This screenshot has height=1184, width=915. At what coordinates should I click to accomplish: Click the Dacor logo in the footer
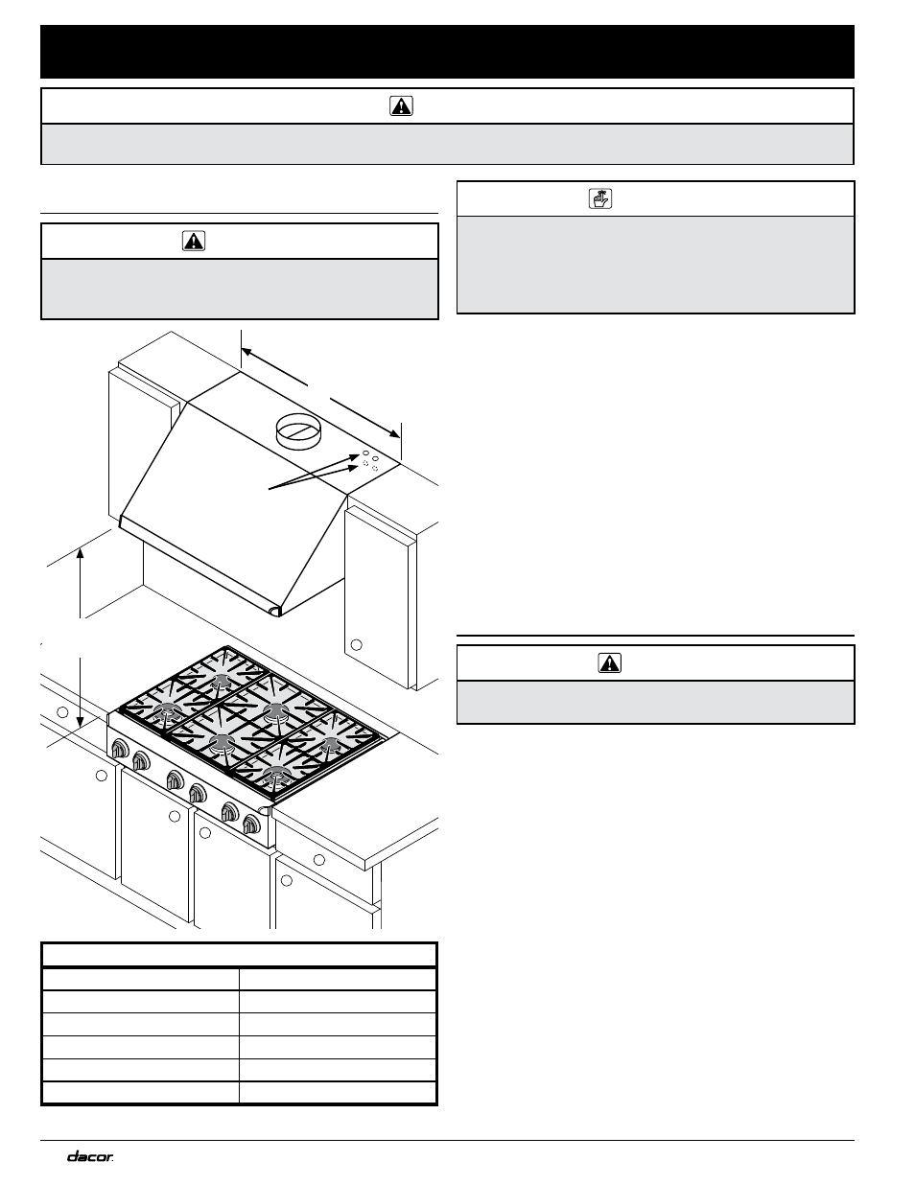click(90, 1156)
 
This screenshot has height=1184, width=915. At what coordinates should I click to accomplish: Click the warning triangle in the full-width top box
click(401, 106)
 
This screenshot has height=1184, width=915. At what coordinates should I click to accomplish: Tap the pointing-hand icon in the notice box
click(599, 198)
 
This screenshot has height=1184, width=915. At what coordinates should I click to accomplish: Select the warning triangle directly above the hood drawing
click(193, 241)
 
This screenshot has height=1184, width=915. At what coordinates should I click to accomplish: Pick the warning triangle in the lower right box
click(609, 662)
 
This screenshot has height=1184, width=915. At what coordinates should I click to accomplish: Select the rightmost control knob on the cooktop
click(252, 823)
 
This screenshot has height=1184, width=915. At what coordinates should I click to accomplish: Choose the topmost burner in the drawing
click(222, 681)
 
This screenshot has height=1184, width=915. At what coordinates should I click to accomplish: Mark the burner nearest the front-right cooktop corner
click(276, 773)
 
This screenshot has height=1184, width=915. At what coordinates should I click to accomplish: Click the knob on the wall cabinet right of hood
click(356, 643)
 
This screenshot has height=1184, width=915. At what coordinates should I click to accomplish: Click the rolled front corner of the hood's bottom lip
click(275, 611)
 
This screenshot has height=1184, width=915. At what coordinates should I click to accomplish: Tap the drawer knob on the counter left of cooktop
click(62, 712)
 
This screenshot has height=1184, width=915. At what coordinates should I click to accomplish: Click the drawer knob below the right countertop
click(319, 859)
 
